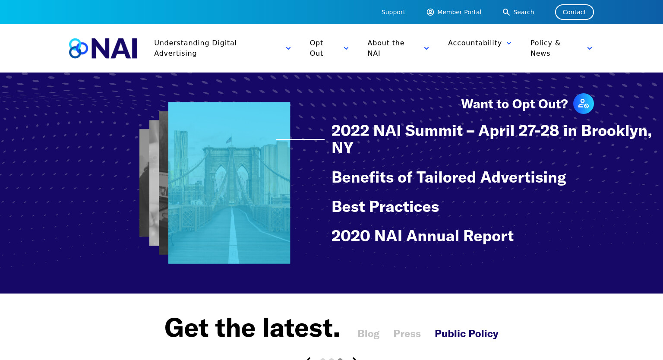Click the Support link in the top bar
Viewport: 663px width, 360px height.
(393, 12)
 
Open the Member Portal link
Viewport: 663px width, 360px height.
(454, 12)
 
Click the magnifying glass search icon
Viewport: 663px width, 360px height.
(506, 12)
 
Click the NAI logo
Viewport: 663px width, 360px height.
(103, 48)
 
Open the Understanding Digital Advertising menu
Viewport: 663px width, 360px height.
(196, 48)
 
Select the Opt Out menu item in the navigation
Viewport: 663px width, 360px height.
(316, 48)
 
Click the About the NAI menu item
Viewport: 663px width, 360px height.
(385, 48)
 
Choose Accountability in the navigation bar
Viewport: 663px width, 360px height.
(475, 43)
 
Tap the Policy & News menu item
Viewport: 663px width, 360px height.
(545, 48)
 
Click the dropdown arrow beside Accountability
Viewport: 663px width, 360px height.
(509, 43)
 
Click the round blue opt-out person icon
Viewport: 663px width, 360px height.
(584, 104)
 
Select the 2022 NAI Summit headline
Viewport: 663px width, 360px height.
(491, 139)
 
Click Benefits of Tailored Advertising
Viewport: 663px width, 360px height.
(449, 177)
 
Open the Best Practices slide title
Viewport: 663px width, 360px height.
(385, 206)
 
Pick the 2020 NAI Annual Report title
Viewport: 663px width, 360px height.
(423, 236)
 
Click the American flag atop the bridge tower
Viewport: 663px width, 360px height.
(229, 140)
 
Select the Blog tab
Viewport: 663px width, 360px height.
(369, 334)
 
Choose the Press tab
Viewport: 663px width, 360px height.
(407, 334)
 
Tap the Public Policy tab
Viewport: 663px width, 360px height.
(467, 334)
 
